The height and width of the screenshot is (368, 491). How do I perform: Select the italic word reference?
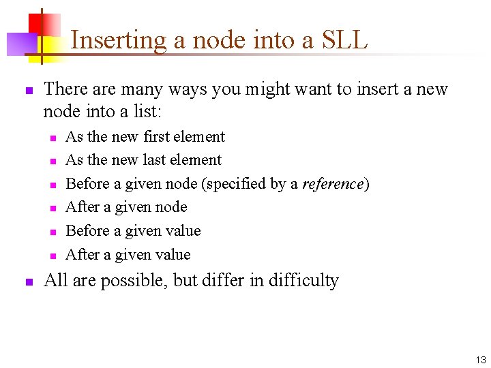pyautogui.click(x=333, y=184)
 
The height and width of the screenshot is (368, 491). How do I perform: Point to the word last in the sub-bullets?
pyautogui.click(x=158, y=160)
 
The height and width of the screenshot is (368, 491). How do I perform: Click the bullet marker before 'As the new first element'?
pyautogui.click(x=51, y=138)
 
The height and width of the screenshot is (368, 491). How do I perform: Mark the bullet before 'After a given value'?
pyautogui.click(x=51, y=256)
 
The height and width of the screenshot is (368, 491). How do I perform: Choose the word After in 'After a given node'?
pyautogui.click(x=83, y=207)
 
